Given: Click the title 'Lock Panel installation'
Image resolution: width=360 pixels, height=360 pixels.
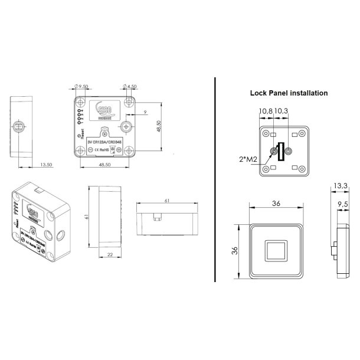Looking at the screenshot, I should (x=289, y=93).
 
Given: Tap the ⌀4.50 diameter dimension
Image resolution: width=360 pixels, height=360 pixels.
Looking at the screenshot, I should (x=130, y=86).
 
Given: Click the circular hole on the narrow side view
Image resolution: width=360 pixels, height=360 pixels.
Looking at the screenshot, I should (x=18, y=126).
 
